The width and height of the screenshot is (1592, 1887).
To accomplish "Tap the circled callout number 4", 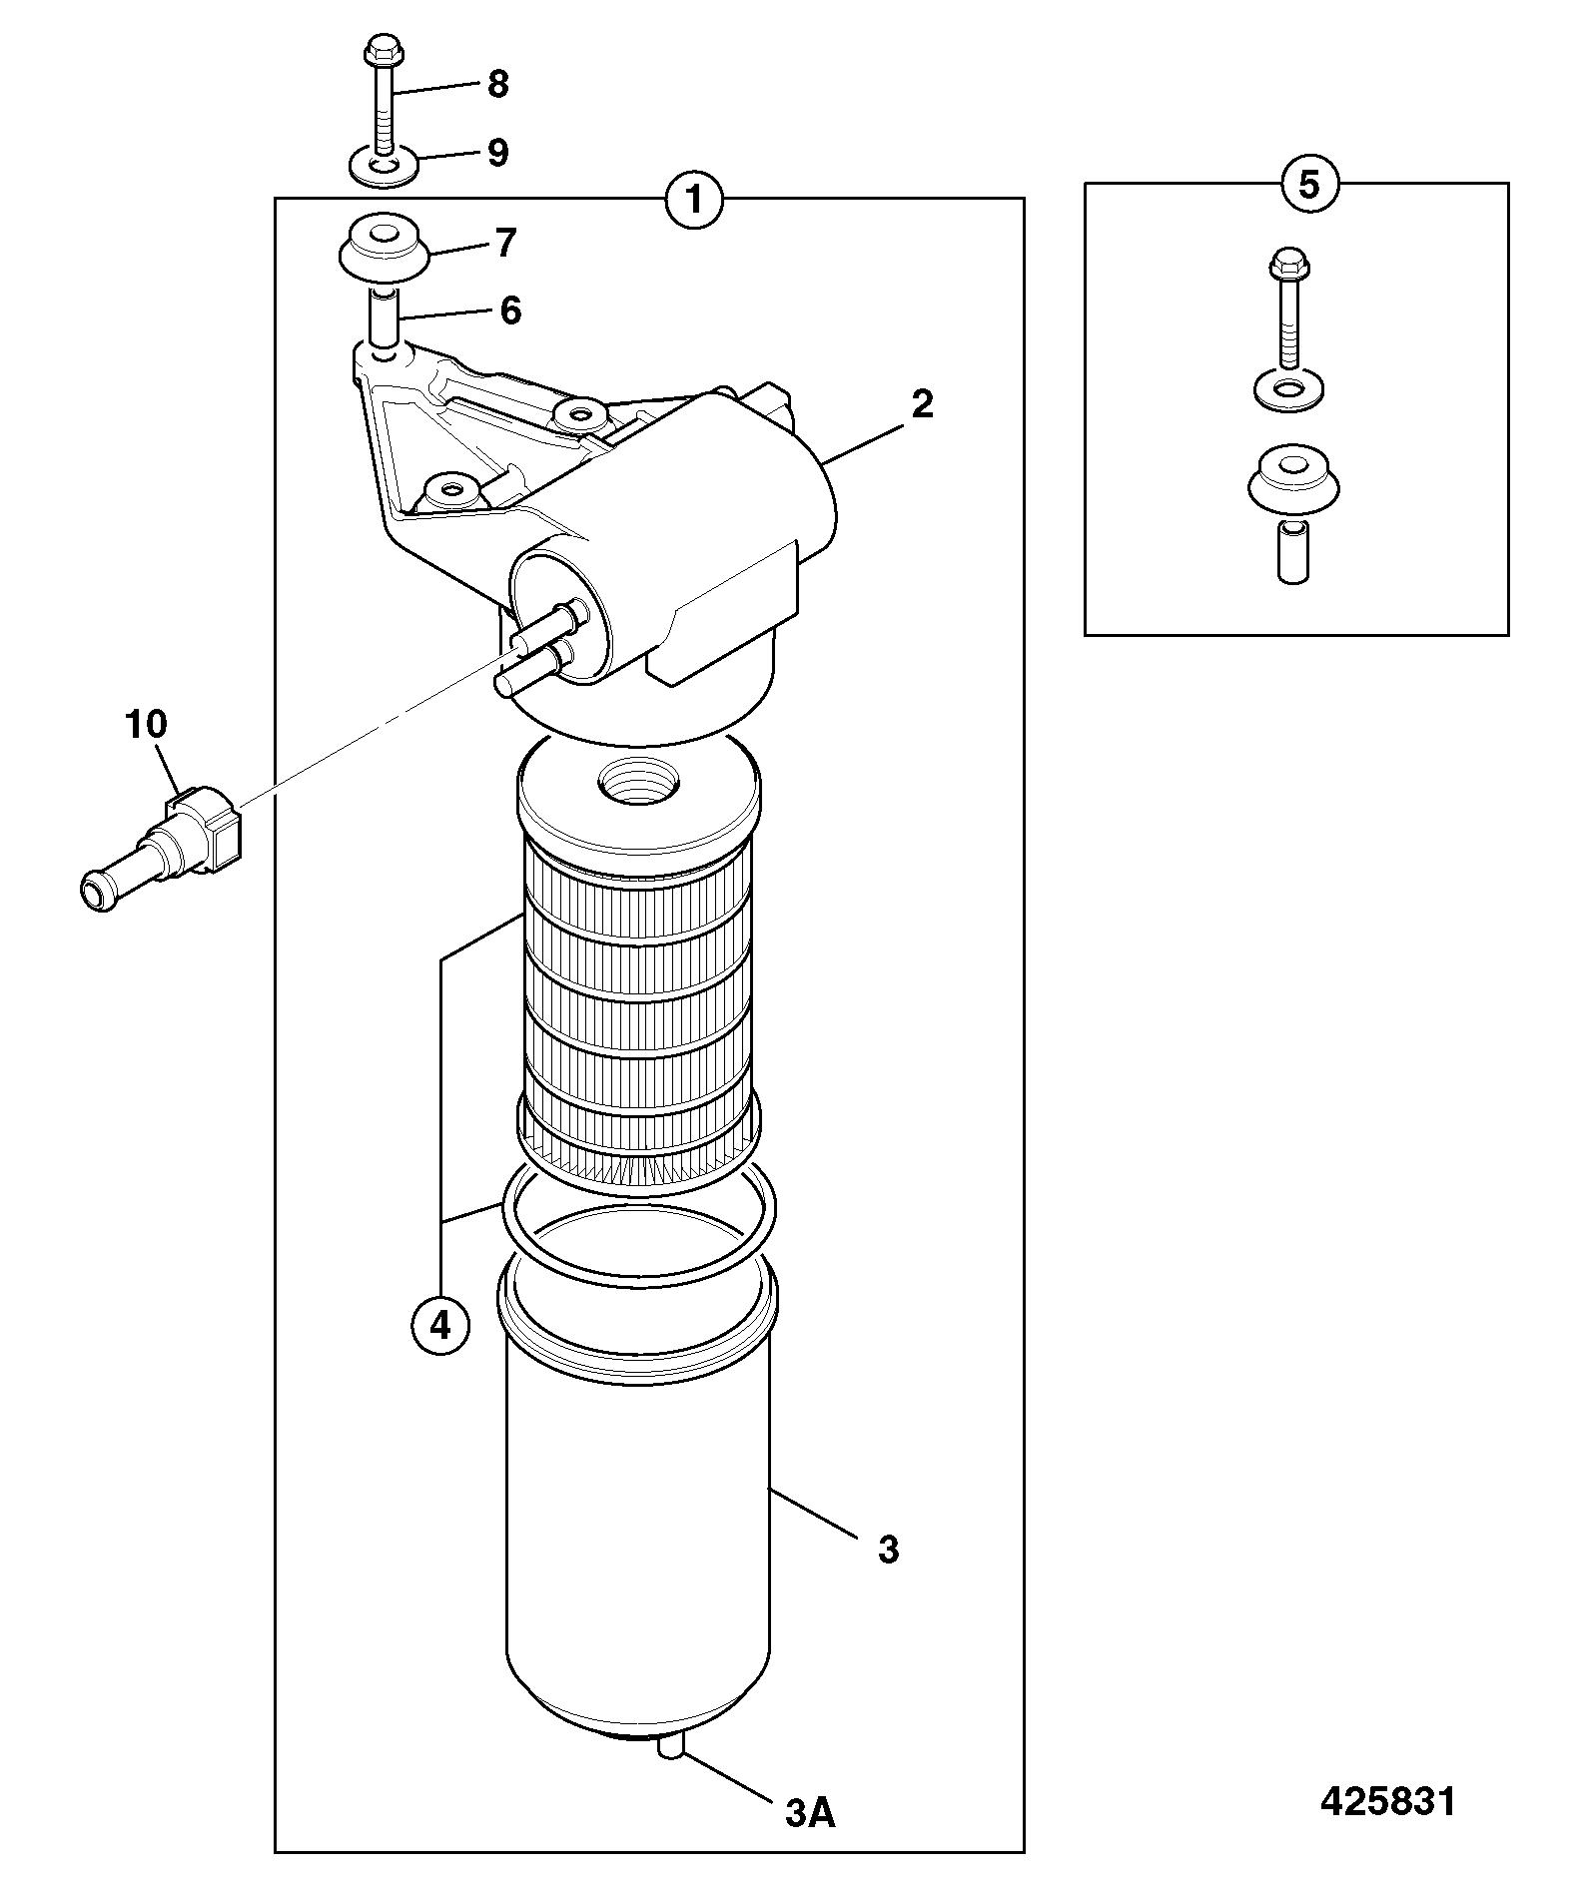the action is point(440,1325).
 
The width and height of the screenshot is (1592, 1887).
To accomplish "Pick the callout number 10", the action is point(146,724).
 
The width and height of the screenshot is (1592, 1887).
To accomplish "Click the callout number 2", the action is point(922,404).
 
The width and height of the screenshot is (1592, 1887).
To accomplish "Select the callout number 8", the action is point(497,84).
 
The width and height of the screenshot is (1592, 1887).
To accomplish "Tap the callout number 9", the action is point(497,153).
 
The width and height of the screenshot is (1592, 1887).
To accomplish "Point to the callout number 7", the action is point(506,243).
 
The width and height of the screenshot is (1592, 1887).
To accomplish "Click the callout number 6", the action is point(510,311).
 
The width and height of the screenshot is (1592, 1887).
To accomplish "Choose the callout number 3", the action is point(888,1550).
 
